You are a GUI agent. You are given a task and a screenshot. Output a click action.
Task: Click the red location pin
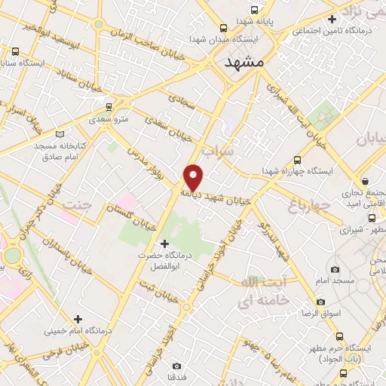pos(194,176)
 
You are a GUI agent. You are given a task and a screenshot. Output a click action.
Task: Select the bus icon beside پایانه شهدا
pos(254,11)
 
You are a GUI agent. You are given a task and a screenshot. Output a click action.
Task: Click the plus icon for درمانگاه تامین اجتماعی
pos(332,19)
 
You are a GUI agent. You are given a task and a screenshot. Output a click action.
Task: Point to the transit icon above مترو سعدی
pos(109,106)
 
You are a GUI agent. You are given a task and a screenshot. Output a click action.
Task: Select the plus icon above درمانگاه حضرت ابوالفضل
pos(165,243)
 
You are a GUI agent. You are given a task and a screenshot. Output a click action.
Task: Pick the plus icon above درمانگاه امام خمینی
pos(78,319)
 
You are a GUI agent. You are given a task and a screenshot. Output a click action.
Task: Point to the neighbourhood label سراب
pos(242,152)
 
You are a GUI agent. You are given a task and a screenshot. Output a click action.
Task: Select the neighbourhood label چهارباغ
pos(309,204)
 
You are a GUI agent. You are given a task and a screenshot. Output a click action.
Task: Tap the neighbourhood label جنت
pos(78,205)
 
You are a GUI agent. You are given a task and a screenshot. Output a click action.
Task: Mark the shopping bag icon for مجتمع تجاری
pos(366,182)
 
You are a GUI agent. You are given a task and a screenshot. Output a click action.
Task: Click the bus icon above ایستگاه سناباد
pos(16,51)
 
